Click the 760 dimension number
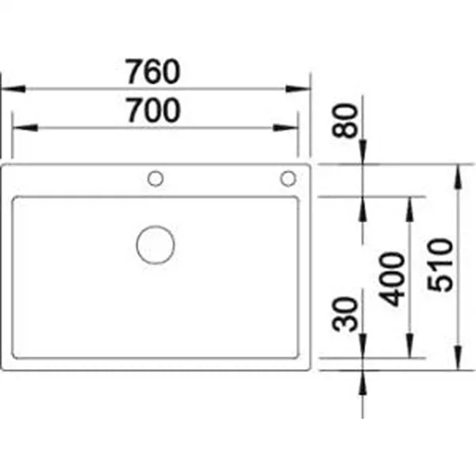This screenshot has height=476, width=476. pyautogui.click(x=153, y=71)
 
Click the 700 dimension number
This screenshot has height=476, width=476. pyautogui.click(x=154, y=110)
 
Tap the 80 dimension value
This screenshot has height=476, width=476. pyautogui.click(x=345, y=121)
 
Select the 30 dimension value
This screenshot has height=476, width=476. pyautogui.click(x=345, y=314)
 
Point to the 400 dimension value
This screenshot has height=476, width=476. pyautogui.click(x=392, y=279)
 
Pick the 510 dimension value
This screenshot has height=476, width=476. pyautogui.click(x=440, y=265)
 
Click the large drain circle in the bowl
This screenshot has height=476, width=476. pyautogui.click(x=155, y=244)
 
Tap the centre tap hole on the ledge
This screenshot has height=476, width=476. pyautogui.click(x=155, y=178)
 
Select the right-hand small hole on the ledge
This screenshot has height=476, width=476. pyautogui.click(x=288, y=178)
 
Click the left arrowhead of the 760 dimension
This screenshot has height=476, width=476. pyautogui.click(x=13, y=89)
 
